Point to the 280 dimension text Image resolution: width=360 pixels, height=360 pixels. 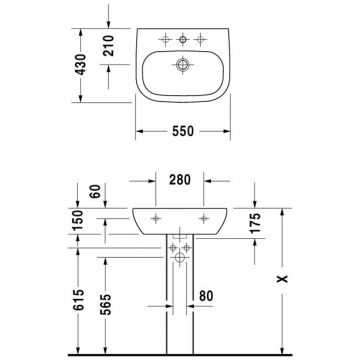[180, 180]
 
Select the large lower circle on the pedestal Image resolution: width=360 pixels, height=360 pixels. [181, 258]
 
